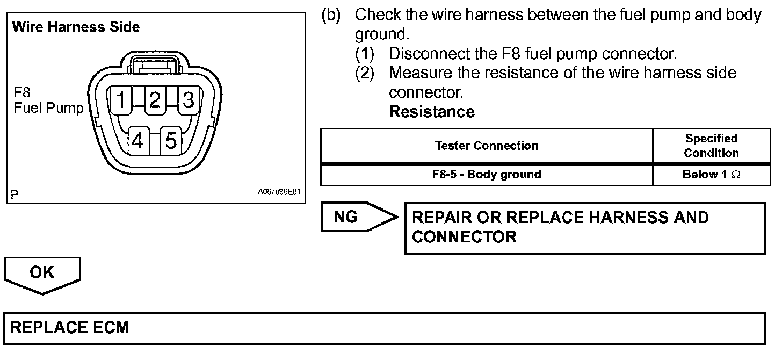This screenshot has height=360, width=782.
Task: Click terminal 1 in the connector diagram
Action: pyautogui.click(x=122, y=100)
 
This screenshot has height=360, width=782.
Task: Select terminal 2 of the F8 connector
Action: pyautogui.click(x=155, y=100)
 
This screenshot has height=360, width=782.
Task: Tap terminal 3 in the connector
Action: pyautogui.click(x=188, y=100)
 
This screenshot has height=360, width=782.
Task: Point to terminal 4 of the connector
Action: pyautogui.click(x=138, y=141)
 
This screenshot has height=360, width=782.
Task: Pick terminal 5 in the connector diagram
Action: pyautogui.click(x=171, y=141)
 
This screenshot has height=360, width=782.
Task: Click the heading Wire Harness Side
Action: pyautogui.click(x=76, y=27)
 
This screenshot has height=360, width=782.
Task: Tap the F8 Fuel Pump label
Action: pyautogui.click(x=48, y=101)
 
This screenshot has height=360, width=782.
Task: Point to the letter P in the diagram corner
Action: pyautogui.click(x=14, y=194)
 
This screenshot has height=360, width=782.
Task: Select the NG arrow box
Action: pyautogui.click(x=357, y=217)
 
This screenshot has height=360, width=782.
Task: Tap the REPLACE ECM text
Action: pyautogui.click(x=70, y=328)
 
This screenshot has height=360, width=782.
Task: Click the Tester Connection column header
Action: pyautogui.click(x=487, y=146)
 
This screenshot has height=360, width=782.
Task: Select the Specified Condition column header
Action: pyautogui.click(x=711, y=146)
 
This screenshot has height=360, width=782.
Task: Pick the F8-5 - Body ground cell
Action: pyautogui.click(x=487, y=174)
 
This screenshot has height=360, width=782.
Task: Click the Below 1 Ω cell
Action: pyautogui.click(x=711, y=174)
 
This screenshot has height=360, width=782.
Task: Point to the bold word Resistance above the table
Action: pyautogui.click(x=431, y=112)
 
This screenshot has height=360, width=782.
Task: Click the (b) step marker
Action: pyautogui.click(x=331, y=15)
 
